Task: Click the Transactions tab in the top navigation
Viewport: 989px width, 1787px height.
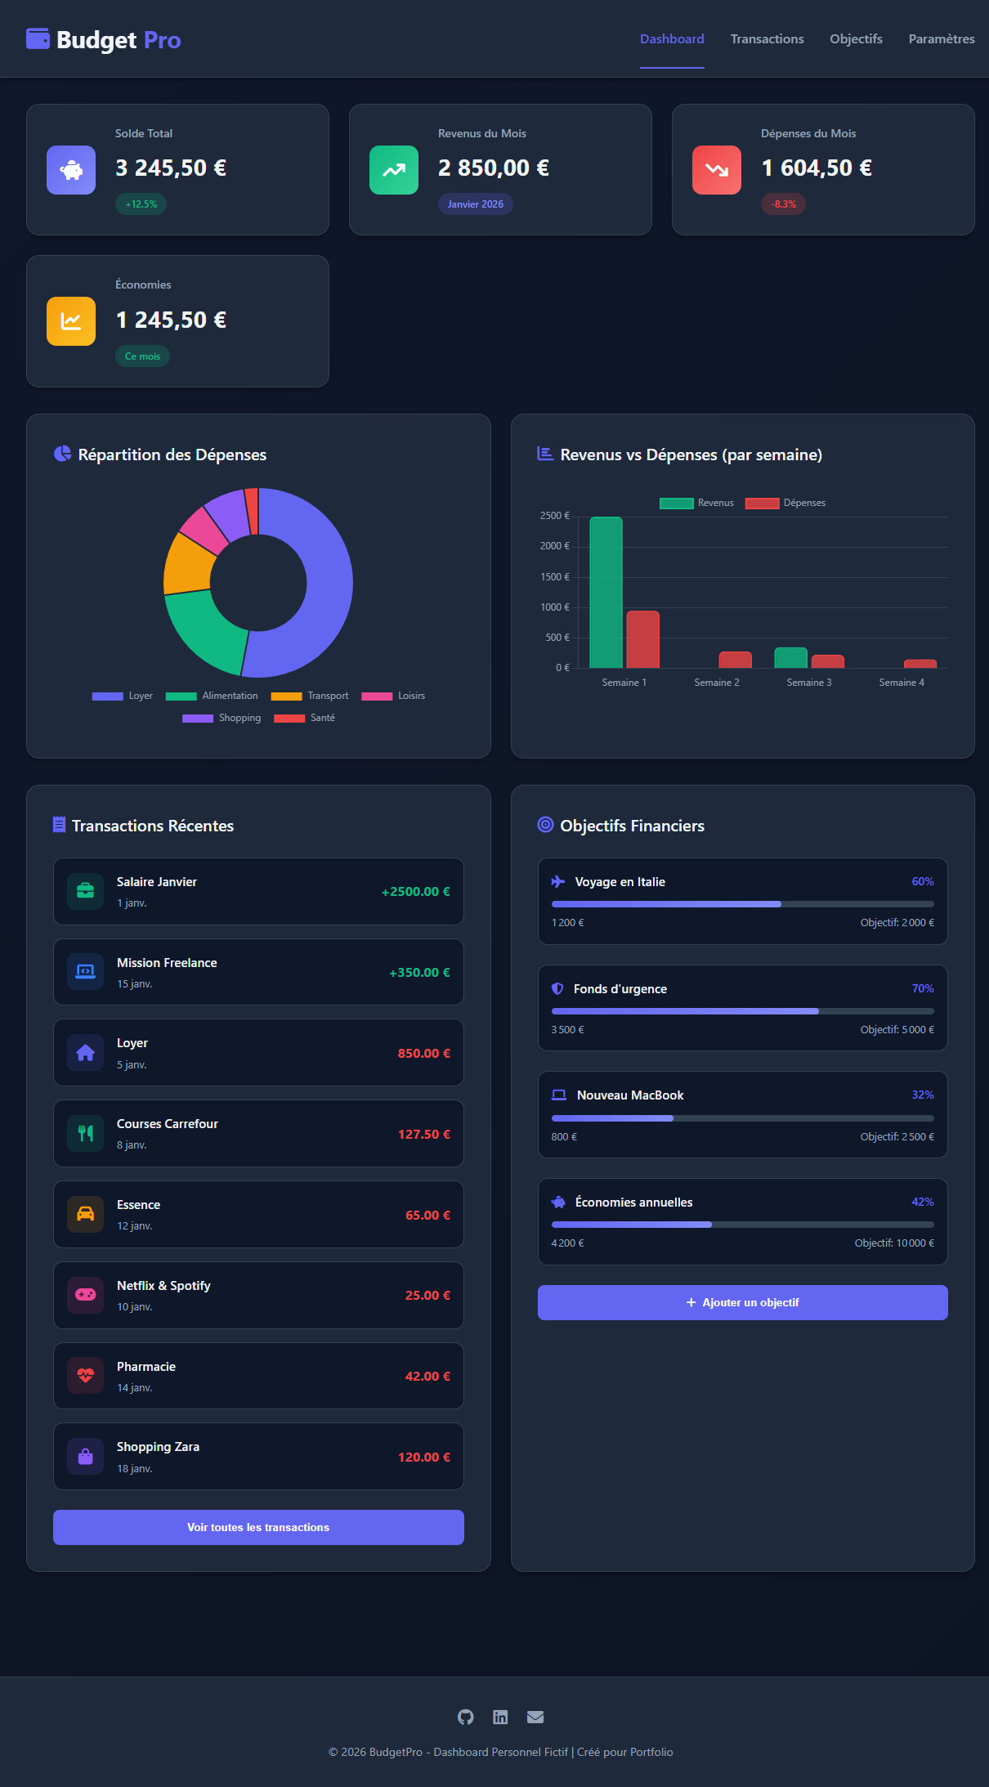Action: tap(767, 39)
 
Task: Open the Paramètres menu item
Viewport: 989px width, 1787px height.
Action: tap(941, 39)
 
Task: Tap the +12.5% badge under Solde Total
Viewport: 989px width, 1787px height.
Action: tap(141, 204)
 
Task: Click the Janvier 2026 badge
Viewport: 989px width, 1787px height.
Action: tap(475, 204)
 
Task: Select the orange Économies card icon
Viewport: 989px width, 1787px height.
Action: tap(71, 321)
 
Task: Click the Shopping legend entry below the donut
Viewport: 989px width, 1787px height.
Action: tap(222, 718)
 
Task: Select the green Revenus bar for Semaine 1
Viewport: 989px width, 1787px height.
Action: tap(606, 593)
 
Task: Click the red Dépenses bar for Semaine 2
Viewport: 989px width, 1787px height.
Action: tap(735, 660)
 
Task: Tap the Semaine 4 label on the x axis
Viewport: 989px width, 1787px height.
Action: tap(902, 683)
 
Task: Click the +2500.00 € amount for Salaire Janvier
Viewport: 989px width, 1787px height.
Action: tap(415, 892)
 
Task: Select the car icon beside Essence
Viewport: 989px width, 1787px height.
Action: tap(86, 1214)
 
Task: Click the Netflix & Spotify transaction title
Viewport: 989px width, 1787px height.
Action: tap(163, 1286)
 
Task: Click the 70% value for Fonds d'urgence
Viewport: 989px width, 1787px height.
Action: tap(922, 988)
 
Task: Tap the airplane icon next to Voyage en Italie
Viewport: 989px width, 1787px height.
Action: tap(558, 881)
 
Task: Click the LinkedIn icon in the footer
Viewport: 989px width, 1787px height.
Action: tap(500, 1717)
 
